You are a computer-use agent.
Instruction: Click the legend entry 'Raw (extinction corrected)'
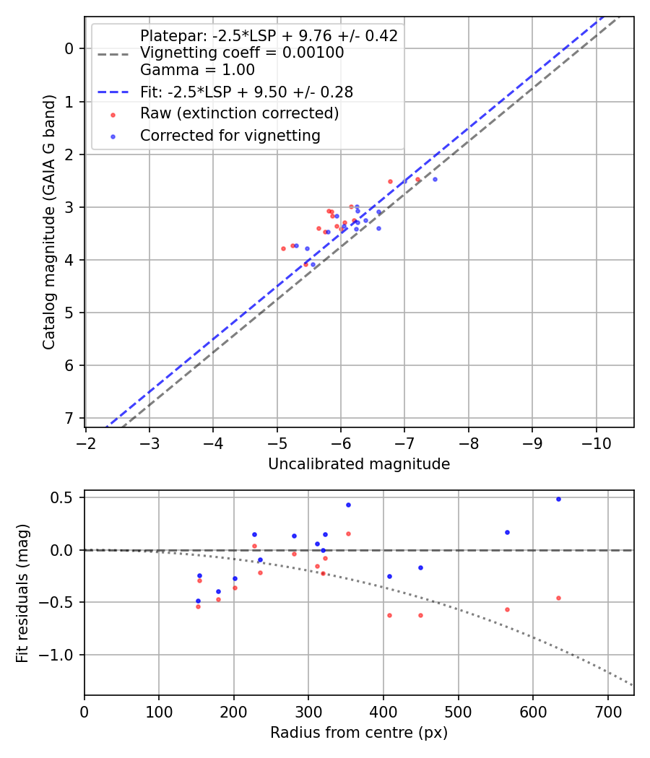(239, 113)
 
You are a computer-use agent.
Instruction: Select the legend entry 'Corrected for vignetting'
(230, 135)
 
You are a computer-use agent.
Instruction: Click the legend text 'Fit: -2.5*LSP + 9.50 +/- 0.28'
(246, 92)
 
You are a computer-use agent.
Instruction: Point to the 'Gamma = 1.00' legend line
(197, 70)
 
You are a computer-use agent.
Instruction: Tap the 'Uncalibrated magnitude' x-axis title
(359, 464)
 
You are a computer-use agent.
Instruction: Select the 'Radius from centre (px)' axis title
(359, 733)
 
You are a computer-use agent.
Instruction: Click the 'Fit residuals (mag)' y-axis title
(22, 593)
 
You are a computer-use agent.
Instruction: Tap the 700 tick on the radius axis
(607, 710)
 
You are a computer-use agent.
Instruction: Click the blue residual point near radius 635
(558, 499)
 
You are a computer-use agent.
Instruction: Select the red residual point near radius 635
(558, 598)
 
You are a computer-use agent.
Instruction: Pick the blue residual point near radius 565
(507, 532)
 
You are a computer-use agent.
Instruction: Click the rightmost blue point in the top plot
(435, 179)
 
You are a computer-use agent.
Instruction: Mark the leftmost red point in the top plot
(283, 248)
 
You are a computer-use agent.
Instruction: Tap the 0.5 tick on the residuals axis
(66, 497)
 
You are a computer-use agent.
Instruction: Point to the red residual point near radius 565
(507, 609)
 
